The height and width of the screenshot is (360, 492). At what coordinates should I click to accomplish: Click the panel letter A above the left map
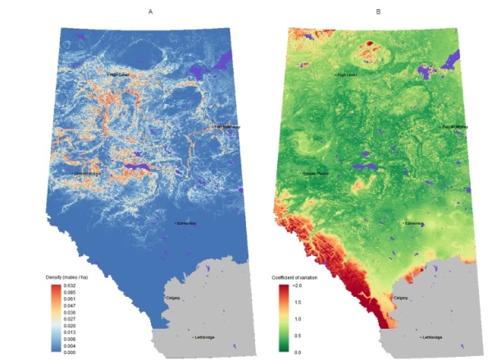150,11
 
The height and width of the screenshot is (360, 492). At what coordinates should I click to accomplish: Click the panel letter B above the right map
378,11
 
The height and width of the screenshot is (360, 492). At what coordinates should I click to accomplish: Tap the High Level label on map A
120,75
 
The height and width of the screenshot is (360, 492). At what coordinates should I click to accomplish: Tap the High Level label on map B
347,75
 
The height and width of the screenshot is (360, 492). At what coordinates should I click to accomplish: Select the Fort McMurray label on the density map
227,127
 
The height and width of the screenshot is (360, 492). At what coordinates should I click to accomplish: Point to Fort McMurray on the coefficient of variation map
456,127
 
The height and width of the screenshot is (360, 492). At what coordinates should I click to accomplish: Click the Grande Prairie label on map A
88,173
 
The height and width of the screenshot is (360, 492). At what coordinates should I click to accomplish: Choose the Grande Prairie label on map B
316,174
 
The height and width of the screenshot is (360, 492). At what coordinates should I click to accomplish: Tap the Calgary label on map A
173,298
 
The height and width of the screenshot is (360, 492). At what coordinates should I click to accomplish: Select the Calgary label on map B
401,298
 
